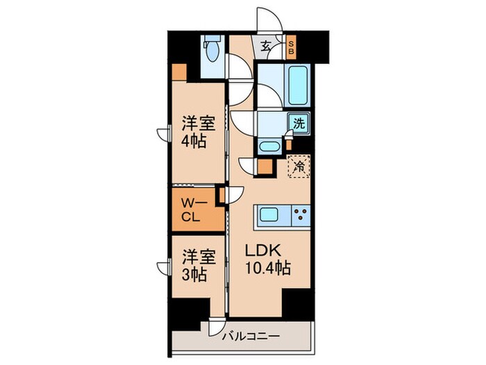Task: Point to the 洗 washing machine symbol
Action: tap(299, 124)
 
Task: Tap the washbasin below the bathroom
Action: tap(269, 147)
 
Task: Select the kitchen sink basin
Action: tap(271, 216)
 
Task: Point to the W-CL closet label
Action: tap(191, 208)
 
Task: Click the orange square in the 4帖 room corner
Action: tap(179, 71)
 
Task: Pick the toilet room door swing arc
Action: tap(240, 70)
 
